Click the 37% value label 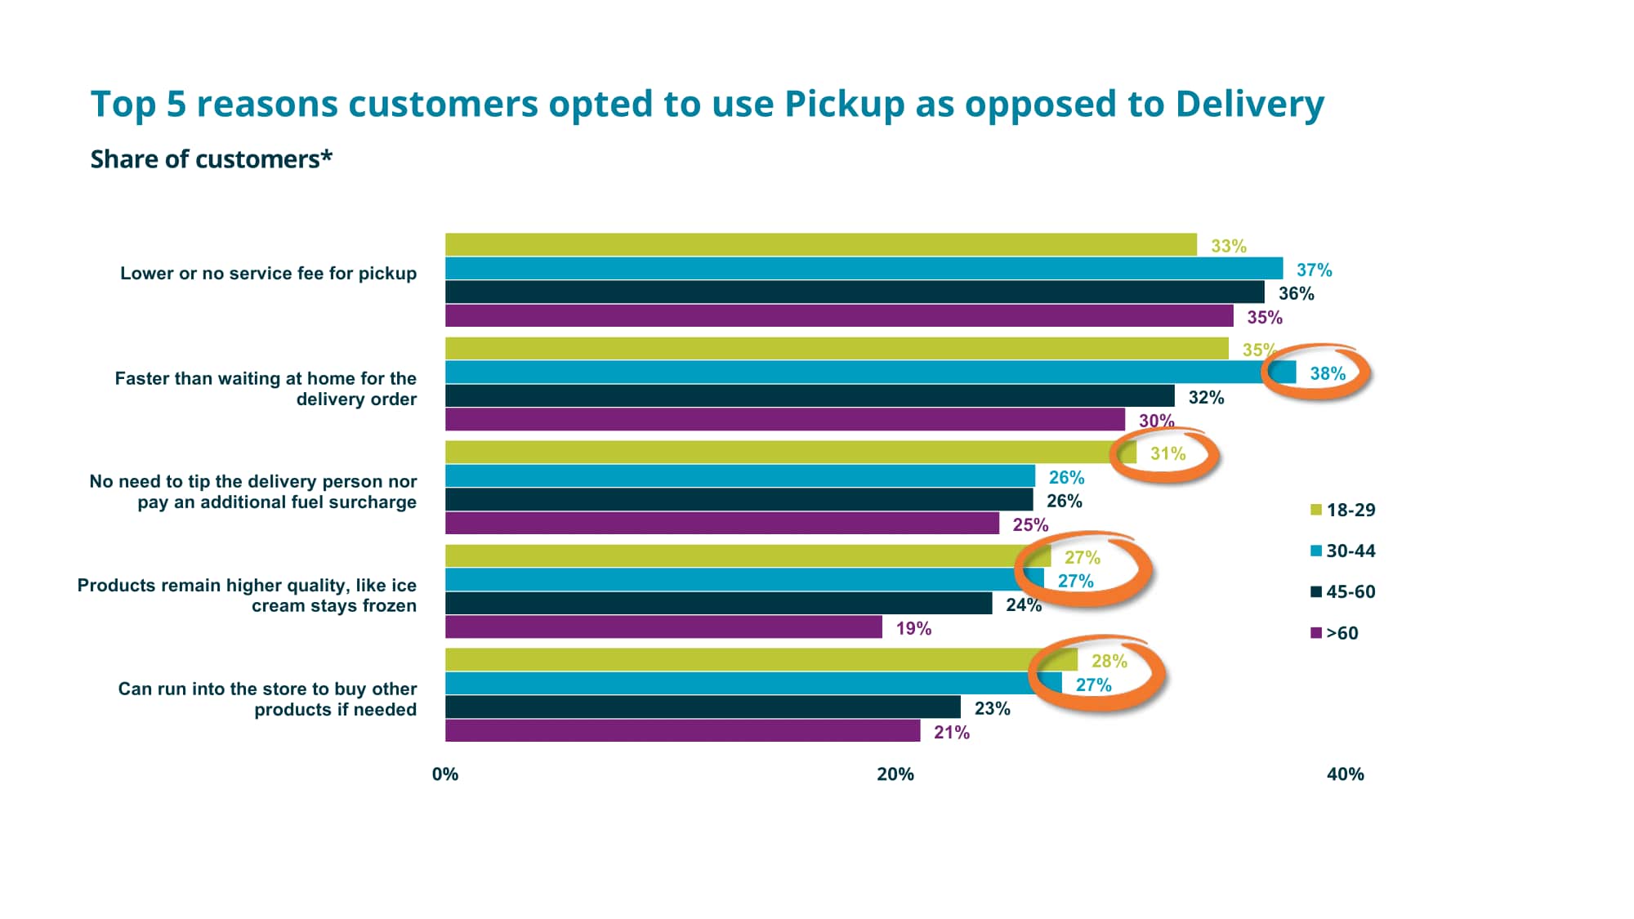click(1314, 270)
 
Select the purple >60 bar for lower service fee click(839, 316)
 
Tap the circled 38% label click(1327, 373)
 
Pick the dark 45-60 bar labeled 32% click(809, 396)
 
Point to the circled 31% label click(1167, 453)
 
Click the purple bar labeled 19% click(663, 627)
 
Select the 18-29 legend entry click(1343, 510)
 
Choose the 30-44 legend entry click(1343, 551)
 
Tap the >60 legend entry click(1335, 633)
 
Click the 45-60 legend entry click(1343, 591)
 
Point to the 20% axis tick click(895, 774)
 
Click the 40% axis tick click(1345, 774)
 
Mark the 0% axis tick click(445, 774)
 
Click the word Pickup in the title click(844, 105)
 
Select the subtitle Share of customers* click(211, 159)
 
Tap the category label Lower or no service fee click(268, 274)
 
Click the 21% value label click(951, 733)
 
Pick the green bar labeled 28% click(761, 659)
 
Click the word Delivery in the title click(1249, 105)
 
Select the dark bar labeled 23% click(703, 707)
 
